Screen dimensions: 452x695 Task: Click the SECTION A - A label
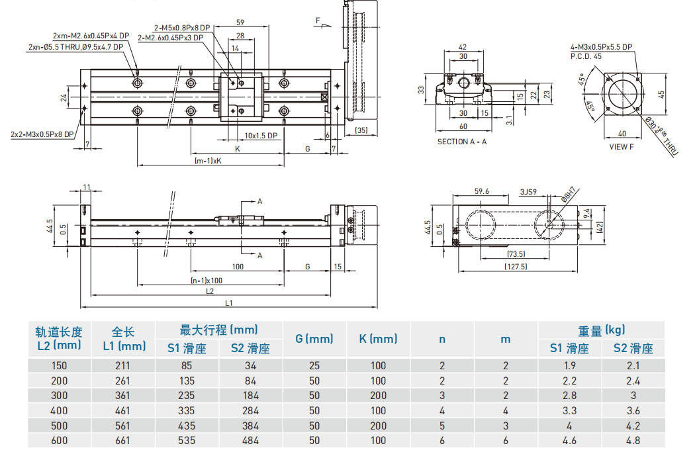pos(462,142)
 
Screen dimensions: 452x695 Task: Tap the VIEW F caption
pos(621,147)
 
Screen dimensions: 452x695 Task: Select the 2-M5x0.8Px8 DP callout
pos(181,28)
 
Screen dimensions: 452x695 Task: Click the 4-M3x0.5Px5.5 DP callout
pos(601,47)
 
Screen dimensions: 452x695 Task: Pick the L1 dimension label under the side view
pos(228,303)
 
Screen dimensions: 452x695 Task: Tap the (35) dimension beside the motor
pos(361,130)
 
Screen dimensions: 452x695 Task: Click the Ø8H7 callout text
pos(569,194)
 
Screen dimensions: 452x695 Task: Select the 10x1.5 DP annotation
pos(261,136)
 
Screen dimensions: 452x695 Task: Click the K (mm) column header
pos(378,339)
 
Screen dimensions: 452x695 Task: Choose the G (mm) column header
pos(314,339)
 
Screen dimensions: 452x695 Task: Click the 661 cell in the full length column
pos(122,439)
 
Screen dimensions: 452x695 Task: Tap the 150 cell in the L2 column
pos(59,365)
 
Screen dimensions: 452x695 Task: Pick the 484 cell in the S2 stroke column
pos(250,439)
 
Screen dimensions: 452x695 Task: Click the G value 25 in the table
pos(314,365)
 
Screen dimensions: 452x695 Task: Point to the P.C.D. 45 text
pos(586,56)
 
